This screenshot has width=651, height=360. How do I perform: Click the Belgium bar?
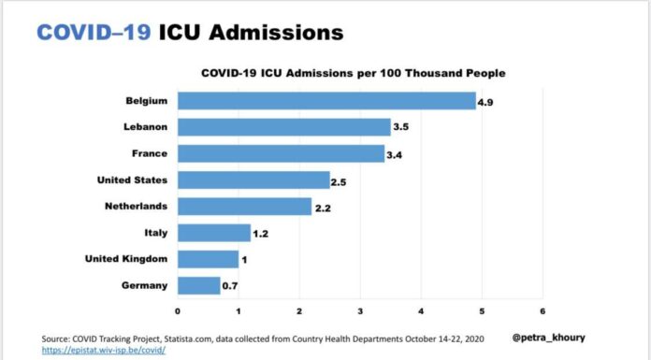326,101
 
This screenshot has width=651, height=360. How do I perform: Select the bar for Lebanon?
284,127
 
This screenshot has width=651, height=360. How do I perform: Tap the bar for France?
282,153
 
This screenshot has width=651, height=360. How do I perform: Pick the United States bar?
253,180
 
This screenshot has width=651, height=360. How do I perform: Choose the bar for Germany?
199,286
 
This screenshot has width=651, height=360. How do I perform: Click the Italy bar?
214,233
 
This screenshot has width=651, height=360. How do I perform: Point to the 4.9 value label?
485,103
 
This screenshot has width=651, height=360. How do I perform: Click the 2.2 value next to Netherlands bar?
323,209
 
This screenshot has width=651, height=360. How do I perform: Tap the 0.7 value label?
230,286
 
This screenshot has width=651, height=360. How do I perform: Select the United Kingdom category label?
126,259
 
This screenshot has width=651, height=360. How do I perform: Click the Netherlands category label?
137,207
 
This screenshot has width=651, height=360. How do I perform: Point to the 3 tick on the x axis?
360,311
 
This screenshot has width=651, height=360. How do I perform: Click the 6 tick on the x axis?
542,311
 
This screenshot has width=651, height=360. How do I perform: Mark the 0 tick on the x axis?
178,311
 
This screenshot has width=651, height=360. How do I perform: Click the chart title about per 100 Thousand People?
354,74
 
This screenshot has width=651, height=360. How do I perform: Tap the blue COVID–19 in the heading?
94,33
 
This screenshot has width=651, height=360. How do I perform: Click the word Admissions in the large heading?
277,33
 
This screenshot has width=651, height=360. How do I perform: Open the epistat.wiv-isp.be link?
104,350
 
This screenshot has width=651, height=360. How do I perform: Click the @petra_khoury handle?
548,338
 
